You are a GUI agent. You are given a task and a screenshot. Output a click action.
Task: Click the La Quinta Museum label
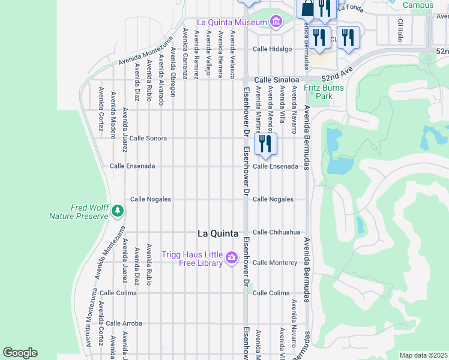click(231, 23)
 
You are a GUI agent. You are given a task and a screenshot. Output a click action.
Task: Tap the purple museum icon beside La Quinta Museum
click(276, 23)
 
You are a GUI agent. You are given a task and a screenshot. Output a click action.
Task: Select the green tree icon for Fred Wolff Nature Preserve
click(118, 211)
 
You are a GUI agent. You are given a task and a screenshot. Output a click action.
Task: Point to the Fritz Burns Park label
click(324, 92)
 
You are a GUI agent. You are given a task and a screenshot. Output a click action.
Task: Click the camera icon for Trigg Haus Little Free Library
click(232, 259)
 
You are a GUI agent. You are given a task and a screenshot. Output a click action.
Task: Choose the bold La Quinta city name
click(218, 233)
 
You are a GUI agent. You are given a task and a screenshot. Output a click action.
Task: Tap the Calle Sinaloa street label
click(276, 79)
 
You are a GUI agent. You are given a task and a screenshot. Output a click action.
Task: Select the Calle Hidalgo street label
click(272, 49)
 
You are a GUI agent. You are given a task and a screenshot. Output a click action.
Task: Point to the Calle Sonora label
click(148, 138)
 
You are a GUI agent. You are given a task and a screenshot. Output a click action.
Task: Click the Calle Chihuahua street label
click(276, 232)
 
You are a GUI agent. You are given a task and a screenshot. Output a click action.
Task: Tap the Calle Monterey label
click(275, 263)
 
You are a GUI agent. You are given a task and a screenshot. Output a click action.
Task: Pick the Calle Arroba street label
click(124, 323)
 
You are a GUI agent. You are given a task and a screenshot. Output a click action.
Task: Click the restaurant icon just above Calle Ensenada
click(265, 144)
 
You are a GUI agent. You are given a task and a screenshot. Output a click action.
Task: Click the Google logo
click(20, 353)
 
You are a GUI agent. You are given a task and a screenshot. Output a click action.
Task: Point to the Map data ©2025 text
click(423, 355)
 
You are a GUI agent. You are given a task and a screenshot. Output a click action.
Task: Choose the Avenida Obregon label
click(173, 72)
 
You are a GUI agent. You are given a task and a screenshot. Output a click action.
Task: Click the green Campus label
click(418, 5)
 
